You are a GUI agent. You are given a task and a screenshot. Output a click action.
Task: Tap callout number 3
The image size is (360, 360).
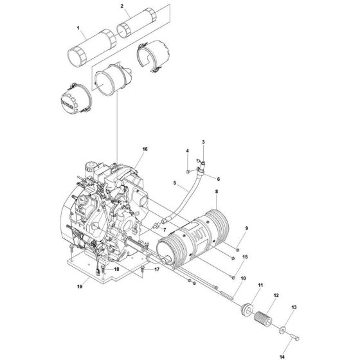[204, 141]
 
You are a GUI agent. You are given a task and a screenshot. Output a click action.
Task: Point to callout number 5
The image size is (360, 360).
[175, 183]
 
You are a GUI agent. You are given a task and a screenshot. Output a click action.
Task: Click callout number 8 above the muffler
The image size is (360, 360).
[217, 192]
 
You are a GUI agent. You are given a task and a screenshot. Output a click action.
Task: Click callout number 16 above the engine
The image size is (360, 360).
[145, 149]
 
